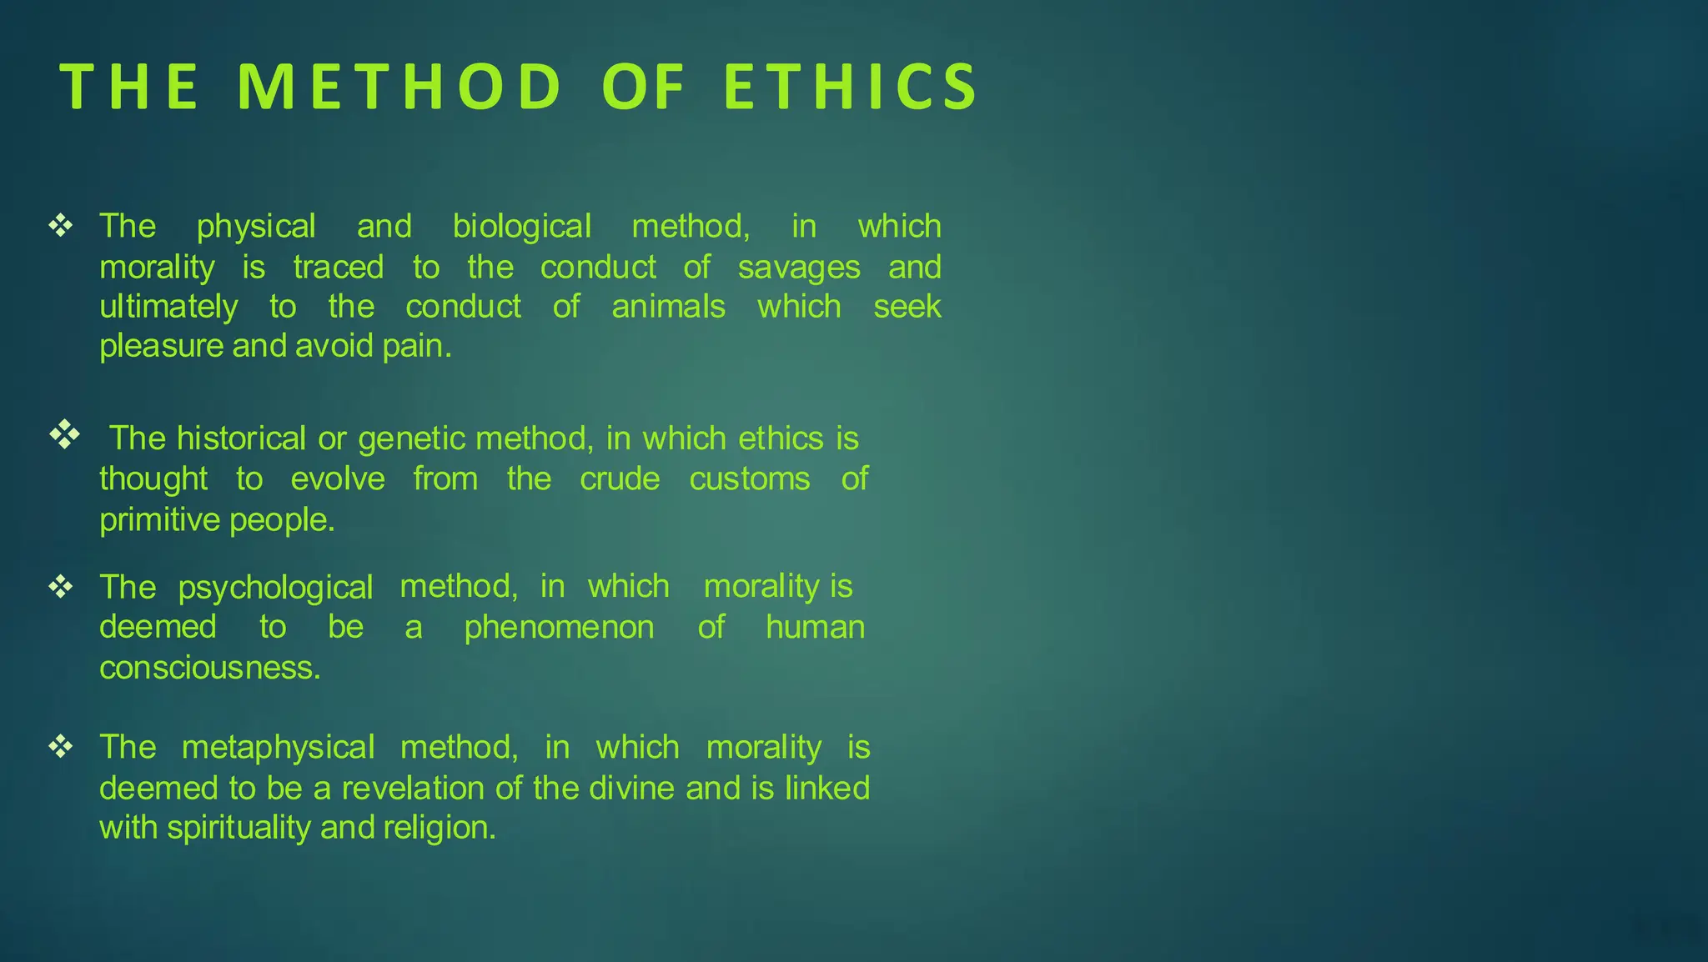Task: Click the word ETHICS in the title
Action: click(x=851, y=87)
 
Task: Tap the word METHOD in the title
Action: click(x=399, y=87)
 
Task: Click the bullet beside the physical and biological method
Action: click(x=61, y=225)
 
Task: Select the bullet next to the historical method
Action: click(x=64, y=434)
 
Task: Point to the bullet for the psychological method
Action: click(x=61, y=587)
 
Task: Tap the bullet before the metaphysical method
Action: click(x=61, y=746)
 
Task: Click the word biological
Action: click(x=522, y=227)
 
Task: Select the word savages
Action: click(x=798, y=268)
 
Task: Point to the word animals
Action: click(x=668, y=307)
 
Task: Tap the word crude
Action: click(x=620, y=479)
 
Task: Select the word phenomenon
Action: click(x=559, y=628)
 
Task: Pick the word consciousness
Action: click(x=209, y=668)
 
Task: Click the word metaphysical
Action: click(x=278, y=748)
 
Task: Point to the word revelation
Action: click(x=414, y=788)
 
